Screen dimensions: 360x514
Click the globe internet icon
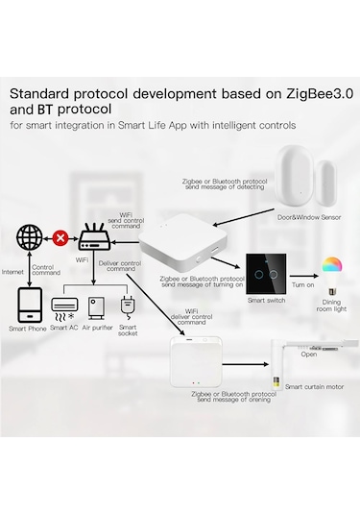click(x=29, y=236)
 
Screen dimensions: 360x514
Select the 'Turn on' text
click(x=303, y=285)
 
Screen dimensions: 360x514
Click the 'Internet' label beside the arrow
click(x=14, y=272)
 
